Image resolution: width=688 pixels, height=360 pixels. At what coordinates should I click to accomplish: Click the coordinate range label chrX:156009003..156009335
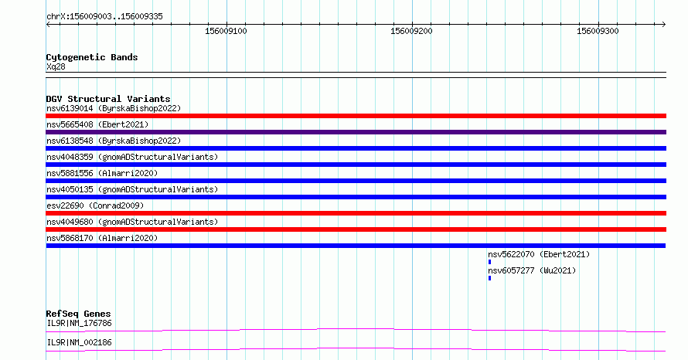[x=104, y=17]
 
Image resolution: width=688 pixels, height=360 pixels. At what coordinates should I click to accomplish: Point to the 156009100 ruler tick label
[x=226, y=31]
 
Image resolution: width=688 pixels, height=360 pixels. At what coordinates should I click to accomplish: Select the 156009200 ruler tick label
[x=411, y=31]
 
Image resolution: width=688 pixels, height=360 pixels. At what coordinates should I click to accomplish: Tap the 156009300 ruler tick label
[x=598, y=31]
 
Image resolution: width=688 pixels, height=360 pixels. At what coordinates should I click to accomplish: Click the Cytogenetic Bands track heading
[x=92, y=57]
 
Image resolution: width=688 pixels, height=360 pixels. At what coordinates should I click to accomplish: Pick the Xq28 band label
[x=56, y=66]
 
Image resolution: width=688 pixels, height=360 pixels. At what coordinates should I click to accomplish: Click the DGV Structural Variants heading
[x=108, y=99]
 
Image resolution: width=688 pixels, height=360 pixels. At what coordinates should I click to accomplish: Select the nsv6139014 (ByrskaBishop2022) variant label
[x=114, y=108]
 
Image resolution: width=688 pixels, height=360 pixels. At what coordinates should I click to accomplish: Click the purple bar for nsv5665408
[x=356, y=132]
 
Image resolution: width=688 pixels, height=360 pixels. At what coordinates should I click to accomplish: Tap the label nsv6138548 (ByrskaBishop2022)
[x=114, y=141]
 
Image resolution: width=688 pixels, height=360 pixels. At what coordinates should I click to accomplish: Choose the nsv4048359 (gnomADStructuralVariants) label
[x=132, y=157]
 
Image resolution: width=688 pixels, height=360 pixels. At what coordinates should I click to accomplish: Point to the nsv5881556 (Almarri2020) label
[x=102, y=173]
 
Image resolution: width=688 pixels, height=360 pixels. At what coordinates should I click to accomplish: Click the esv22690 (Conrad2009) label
[x=95, y=205]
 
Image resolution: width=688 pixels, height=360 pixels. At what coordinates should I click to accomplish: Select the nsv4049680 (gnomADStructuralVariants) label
[x=132, y=222]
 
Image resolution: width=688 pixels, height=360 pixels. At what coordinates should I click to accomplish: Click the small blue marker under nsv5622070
[x=489, y=262]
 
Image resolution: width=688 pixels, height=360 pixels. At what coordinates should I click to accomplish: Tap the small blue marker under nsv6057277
[x=489, y=278]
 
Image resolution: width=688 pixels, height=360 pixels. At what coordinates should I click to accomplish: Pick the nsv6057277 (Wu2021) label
[x=532, y=270]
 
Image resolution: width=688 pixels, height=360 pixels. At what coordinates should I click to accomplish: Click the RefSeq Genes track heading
[x=79, y=314]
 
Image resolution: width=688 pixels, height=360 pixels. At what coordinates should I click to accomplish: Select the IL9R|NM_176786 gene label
[x=79, y=323]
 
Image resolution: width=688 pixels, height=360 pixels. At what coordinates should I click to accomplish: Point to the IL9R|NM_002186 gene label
[x=79, y=342]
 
